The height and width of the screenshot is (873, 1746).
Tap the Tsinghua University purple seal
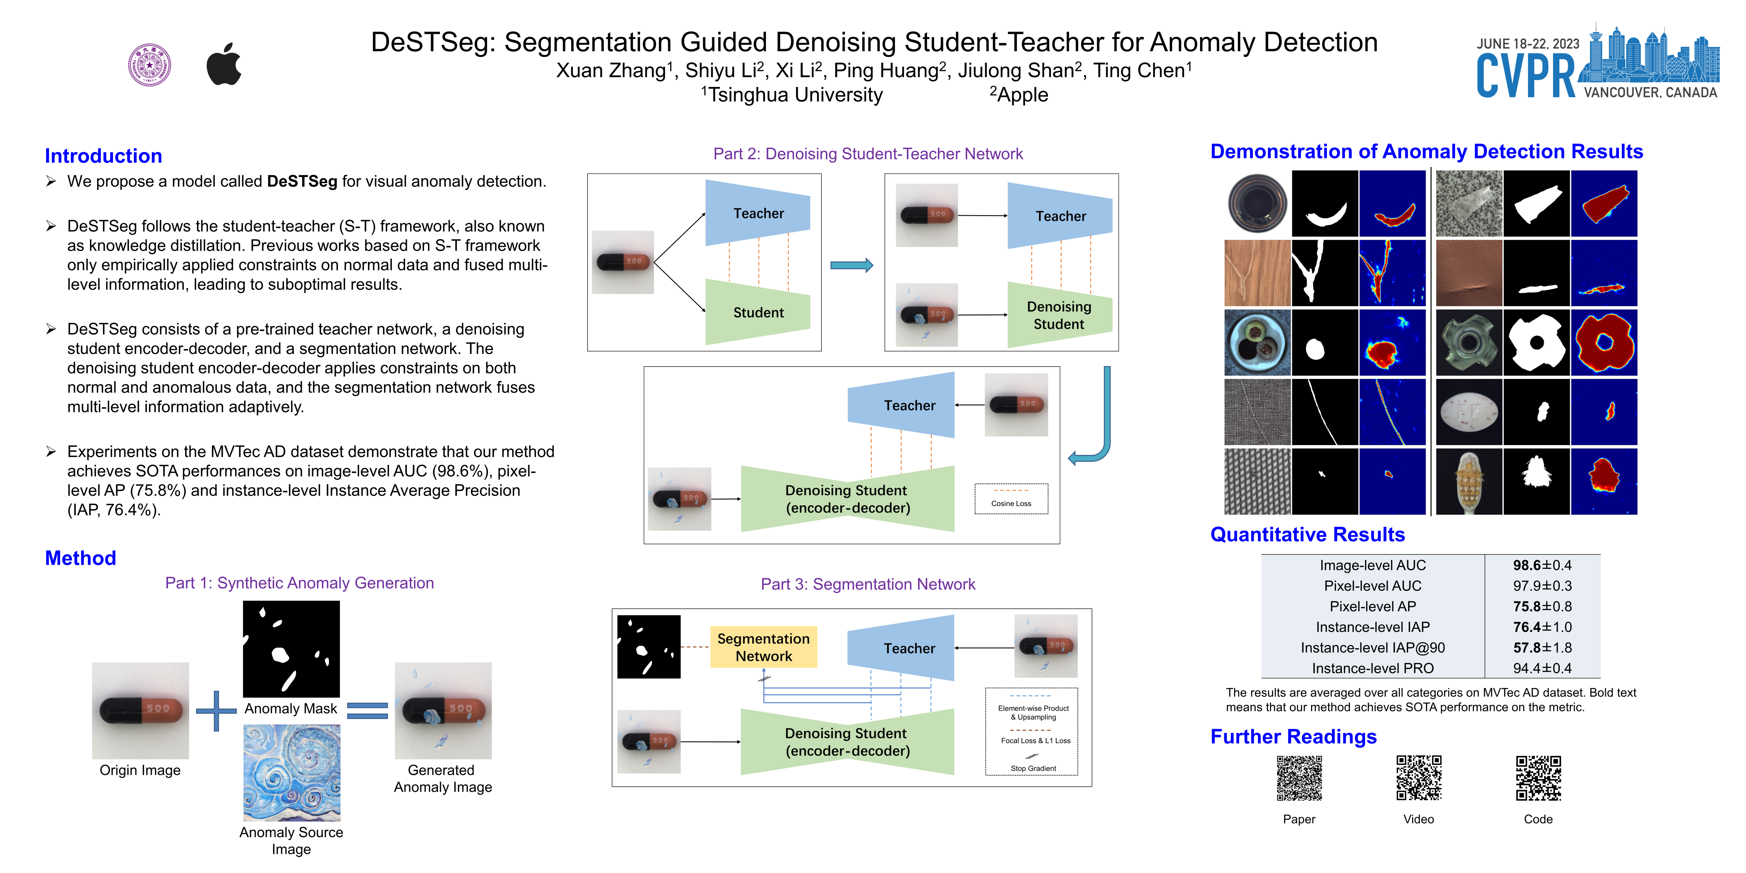150,65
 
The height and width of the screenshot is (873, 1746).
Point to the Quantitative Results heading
1307,535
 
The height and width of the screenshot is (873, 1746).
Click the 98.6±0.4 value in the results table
1542,565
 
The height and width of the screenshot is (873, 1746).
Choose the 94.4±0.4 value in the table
1542,668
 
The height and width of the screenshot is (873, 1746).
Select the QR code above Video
1419,778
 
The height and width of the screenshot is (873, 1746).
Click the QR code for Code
1538,778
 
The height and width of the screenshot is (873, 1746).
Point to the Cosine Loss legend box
1011,499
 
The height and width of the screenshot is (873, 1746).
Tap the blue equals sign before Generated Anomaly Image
367,710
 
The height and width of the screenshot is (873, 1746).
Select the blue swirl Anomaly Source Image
292,773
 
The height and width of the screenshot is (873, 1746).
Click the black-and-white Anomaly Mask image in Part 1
292,649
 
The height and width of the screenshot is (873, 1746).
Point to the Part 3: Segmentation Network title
868,584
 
